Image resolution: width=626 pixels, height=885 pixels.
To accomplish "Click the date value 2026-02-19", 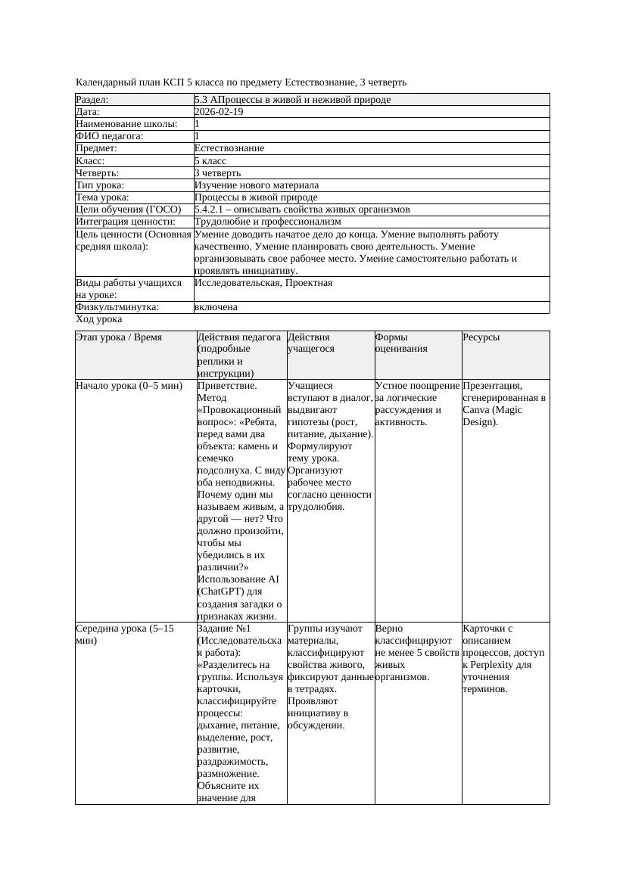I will (x=219, y=112).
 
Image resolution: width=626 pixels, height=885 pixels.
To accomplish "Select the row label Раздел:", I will (x=92, y=100).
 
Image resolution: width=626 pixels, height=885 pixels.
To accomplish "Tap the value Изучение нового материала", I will (x=256, y=185).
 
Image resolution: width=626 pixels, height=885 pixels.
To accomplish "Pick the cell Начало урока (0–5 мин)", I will (x=129, y=386).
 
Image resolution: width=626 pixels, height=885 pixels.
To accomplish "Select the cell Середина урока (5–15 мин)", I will (x=125, y=634).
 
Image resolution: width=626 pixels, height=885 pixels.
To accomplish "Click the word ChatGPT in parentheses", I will (x=221, y=592).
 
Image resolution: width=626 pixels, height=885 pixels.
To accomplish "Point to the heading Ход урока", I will (x=98, y=319).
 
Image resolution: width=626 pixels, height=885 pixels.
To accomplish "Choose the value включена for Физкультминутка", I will (x=216, y=307).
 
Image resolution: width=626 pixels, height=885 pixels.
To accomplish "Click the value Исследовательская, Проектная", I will (x=263, y=283).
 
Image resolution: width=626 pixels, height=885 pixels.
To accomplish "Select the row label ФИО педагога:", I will (x=110, y=136).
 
